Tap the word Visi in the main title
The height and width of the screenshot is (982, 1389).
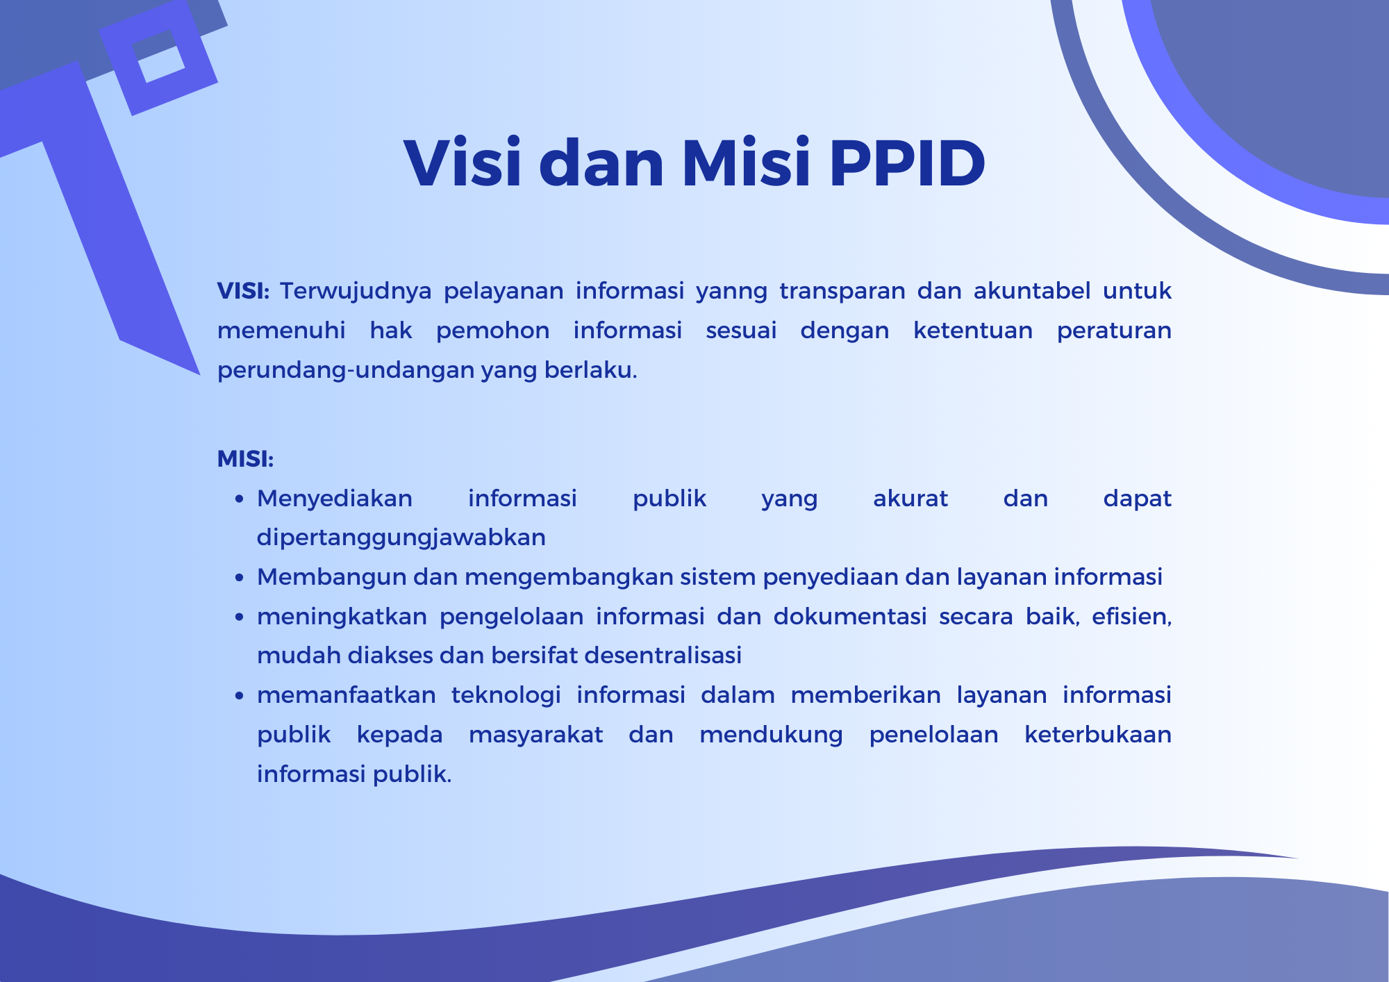tap(463, 164)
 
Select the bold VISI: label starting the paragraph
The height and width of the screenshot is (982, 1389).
tap(243, 291)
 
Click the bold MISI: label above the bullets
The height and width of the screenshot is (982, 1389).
tap(245, 459)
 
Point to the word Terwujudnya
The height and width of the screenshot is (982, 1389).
tap(356, 291)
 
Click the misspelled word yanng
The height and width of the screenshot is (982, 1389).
tap(731, 292)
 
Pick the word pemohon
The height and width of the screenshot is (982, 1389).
tap(492, 331)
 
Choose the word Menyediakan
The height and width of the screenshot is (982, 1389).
tap(335, 499)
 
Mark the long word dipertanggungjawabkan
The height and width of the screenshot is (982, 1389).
tap(401, 538)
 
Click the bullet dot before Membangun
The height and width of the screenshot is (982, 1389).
tap(240, 578)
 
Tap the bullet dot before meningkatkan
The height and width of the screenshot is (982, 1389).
tap(240, 617)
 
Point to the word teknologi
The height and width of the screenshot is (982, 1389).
tap(506, 695)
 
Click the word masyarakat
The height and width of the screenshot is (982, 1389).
tap(535, 735)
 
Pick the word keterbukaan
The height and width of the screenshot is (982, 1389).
tap(1097, 735)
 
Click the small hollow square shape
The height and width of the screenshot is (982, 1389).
tap(158, 58)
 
